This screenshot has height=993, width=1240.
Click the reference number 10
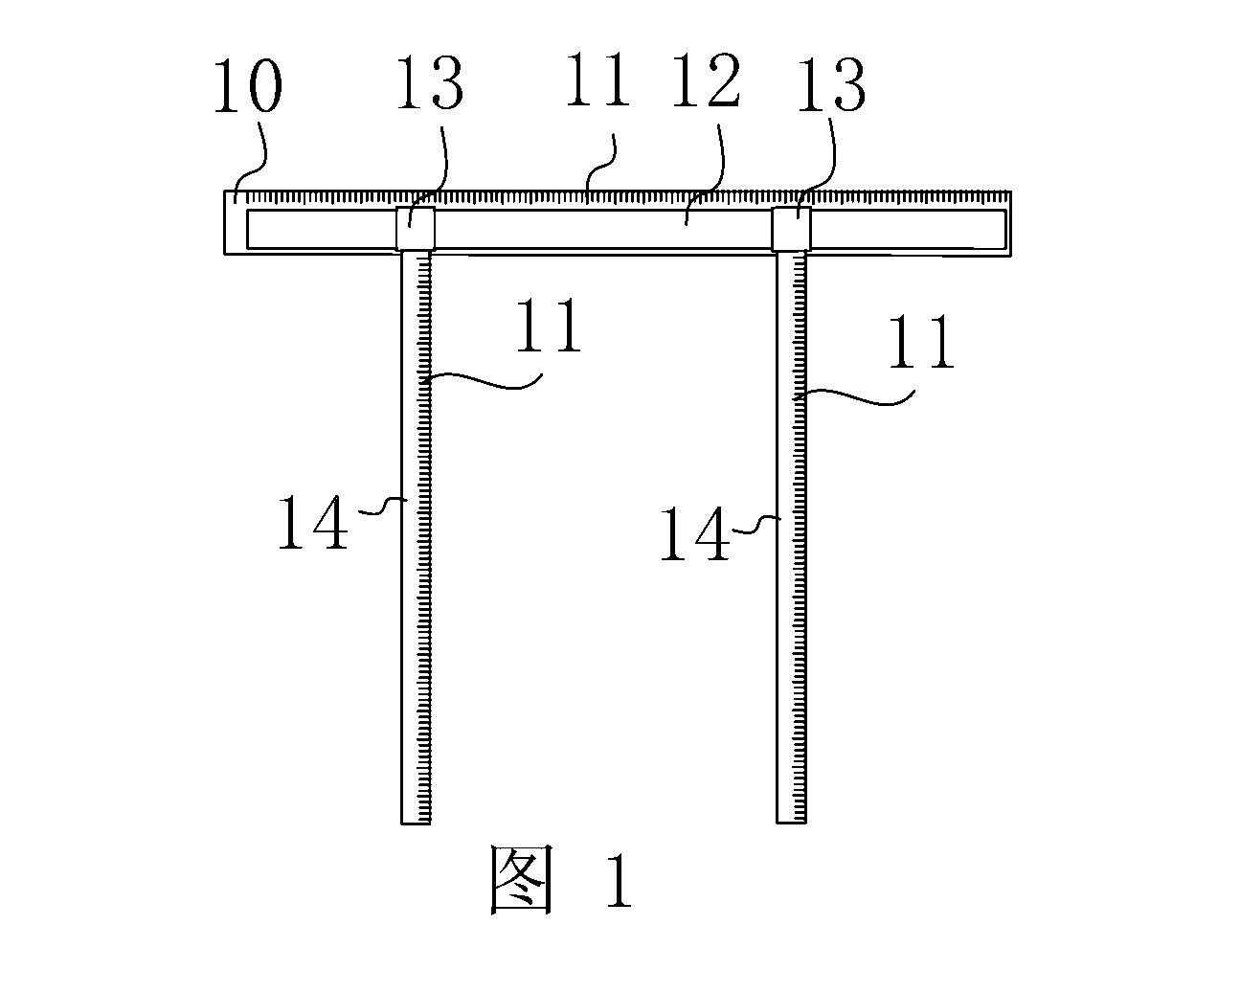tap(248, 85)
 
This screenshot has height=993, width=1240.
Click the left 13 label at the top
tap(430, 82)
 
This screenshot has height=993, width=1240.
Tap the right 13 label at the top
tap(831, 85)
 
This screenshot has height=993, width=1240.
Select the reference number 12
tap(706, 79)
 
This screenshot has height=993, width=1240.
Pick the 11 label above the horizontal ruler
tap(597, 79)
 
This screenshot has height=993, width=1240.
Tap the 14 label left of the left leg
tap(313, 522)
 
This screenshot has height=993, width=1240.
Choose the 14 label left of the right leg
tap(695, 533)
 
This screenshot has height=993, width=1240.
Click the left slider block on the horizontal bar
tap(416, 228)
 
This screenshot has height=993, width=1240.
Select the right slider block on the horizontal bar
tap(791, 229)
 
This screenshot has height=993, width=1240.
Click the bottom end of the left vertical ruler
tap(416, 824)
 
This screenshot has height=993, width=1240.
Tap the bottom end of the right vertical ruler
tap(791, 823)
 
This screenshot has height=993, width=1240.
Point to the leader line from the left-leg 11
tap(483, 380)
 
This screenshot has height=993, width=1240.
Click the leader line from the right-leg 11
tap(854, 396)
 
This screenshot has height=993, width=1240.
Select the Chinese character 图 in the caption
tap(521, 880)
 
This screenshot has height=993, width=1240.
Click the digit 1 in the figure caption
tap(619, 881)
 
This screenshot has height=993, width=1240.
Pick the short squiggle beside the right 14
tap(756, 525)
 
